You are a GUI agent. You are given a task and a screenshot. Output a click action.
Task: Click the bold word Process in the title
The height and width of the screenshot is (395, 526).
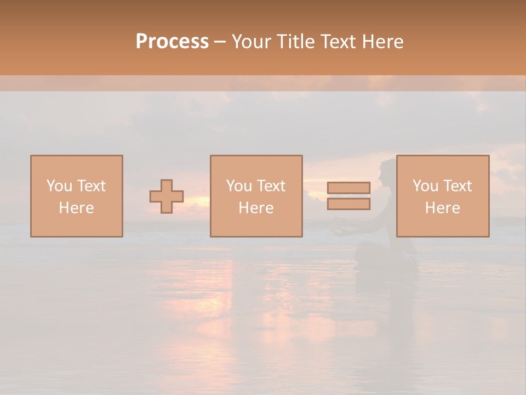click(x=172, y=42)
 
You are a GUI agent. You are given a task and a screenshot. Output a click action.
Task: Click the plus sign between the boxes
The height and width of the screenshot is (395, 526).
click(x=167, y=196)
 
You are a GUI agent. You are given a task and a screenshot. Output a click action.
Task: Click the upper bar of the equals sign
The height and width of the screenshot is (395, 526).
click(x=348, y=188)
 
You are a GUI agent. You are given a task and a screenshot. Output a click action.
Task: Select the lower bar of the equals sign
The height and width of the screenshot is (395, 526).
click(x=348, y=204)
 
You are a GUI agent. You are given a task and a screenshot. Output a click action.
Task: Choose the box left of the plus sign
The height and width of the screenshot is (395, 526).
click(x=77, y=196)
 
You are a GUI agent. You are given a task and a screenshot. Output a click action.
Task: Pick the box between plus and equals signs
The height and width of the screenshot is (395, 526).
click(x=256, y=196)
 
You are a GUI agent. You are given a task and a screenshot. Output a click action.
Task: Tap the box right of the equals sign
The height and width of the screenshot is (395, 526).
click(x=443, y=196)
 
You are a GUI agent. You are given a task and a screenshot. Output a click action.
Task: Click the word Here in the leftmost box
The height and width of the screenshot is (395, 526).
click(x=76, y=208)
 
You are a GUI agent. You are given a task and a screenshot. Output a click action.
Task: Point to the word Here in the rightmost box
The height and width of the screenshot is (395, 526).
click(x=443, y=208)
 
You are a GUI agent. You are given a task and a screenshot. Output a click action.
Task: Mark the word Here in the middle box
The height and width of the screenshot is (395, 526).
click(x=256, y=208)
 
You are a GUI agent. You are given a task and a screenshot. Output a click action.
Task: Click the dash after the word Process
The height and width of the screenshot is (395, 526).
click(x=220, y=42)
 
